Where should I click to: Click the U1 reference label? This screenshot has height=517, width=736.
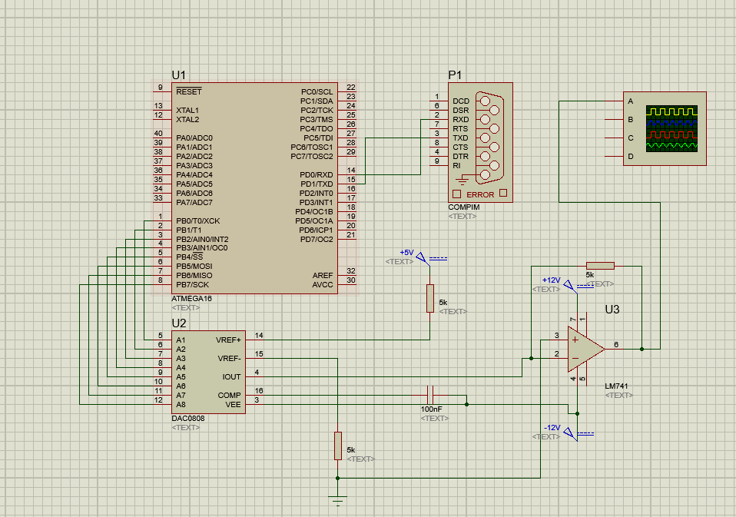tap(178, 75)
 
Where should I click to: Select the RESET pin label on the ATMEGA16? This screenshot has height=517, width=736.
tap(188, 91)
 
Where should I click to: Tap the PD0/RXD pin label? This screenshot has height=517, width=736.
tap(316, 174)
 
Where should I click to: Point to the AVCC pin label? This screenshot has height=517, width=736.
tap(323, 284)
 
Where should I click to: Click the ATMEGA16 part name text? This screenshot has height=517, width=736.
tap(192, 298)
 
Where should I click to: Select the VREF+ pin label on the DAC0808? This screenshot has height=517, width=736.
tap(228, 340)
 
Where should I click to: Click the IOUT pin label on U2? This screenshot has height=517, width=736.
tap(231, 376)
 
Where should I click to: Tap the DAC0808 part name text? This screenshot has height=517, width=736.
tap(188, 418)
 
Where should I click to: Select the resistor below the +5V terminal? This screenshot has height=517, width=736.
tap(430, 298)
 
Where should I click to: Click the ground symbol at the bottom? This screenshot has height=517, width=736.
tap(337, 501)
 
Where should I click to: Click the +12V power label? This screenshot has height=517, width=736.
tap(551, 280)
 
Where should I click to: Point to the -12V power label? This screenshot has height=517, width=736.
tap(551, 427)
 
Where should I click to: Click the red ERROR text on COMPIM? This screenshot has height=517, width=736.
tap(480, 195)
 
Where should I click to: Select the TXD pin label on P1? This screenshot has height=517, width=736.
tap(460, 138)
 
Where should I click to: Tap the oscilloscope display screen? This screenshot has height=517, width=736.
tap(671, 128)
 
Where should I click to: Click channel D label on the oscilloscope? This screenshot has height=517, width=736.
tap(631, 157)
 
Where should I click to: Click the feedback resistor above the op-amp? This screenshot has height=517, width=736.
tap(600, 266)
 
